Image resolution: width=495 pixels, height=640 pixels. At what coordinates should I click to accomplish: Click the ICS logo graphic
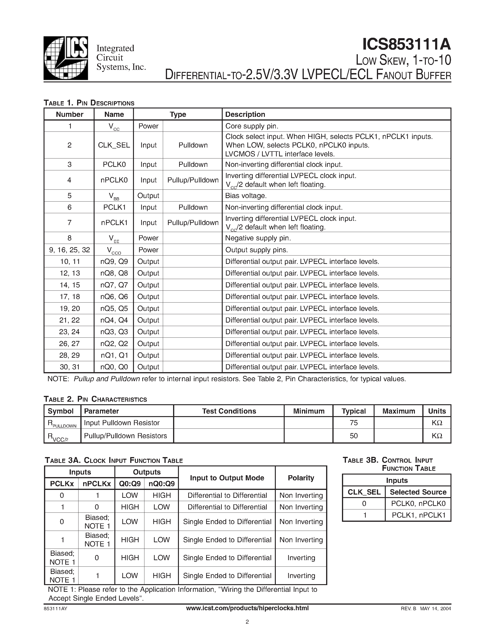[x=66, y=58]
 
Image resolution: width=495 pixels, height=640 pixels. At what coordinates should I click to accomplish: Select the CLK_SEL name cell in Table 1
[x=114, y=145]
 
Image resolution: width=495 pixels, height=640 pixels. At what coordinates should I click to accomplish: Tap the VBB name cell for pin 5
[x=114, y=196]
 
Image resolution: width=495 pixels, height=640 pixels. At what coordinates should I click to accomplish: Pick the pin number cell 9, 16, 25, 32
[x=69, y=250]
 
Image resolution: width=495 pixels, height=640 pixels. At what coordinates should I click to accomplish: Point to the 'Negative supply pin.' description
[x=258, y=238]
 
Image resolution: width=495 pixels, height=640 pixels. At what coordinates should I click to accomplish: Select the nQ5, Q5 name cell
[x=114, y=308]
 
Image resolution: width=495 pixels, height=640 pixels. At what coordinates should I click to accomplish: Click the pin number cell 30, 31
[x=69, y=367]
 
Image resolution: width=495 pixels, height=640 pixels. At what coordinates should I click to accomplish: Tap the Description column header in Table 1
[x=245, y=114]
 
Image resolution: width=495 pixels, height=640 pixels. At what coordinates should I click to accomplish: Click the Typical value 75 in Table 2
[x=354, y=423]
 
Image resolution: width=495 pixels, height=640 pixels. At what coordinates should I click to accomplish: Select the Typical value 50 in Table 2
[x=354, y=436]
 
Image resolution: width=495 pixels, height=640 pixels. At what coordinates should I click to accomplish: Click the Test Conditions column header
[x=229, y=411]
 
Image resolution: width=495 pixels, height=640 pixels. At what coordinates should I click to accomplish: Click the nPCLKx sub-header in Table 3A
[x=97, y=484]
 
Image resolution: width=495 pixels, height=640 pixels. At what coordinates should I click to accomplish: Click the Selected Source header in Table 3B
[x=418, y=492]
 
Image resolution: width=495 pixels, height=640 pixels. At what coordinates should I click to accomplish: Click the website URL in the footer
[x=247, y=608]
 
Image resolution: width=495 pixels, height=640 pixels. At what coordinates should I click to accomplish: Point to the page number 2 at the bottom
[x=247, y=622]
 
